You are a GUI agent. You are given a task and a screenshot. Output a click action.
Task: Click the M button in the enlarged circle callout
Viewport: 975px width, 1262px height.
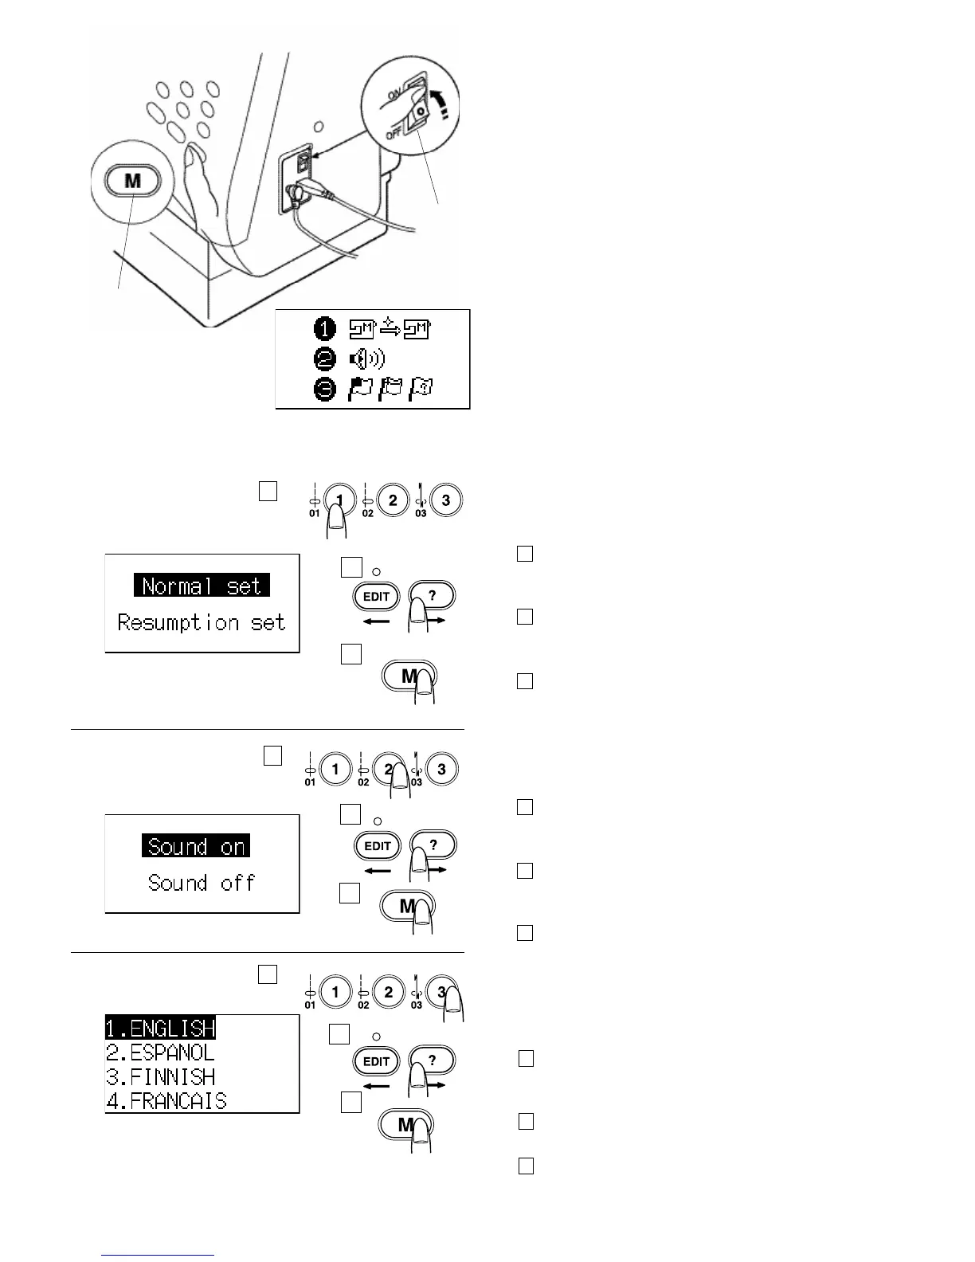(132, 181)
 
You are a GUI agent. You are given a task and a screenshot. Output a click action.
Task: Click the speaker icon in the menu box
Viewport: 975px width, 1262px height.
(366, 360)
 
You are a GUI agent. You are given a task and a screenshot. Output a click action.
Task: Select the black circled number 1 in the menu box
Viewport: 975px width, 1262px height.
(325, 328)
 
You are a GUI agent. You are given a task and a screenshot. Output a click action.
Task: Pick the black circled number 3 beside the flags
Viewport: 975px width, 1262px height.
(325, 391)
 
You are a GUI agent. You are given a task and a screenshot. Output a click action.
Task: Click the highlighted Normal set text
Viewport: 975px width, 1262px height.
(202, 586)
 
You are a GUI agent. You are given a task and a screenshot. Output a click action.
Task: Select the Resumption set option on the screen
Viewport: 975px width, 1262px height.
(202, 622)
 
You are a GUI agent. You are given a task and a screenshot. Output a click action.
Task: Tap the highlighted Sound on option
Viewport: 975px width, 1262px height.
(196, 846)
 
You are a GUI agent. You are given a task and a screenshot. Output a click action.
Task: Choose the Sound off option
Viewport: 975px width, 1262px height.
(202, 883)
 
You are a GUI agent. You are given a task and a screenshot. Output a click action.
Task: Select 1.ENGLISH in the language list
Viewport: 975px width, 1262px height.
(160, 1028)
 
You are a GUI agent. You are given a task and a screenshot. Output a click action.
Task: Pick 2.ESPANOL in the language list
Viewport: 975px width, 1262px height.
(160, 1052)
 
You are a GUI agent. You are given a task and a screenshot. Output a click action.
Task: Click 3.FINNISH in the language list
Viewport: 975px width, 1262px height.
(160, 1076)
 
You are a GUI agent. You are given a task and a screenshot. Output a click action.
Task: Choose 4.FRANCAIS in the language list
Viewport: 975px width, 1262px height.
(166, 1101)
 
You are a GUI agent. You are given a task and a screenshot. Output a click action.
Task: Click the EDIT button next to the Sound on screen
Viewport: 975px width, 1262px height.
(377, 846)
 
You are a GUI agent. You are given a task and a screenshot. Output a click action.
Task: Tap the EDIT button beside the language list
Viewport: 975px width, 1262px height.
(377, 1061)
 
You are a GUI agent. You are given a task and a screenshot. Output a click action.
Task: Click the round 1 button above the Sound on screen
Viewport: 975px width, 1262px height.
(335, 769)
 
